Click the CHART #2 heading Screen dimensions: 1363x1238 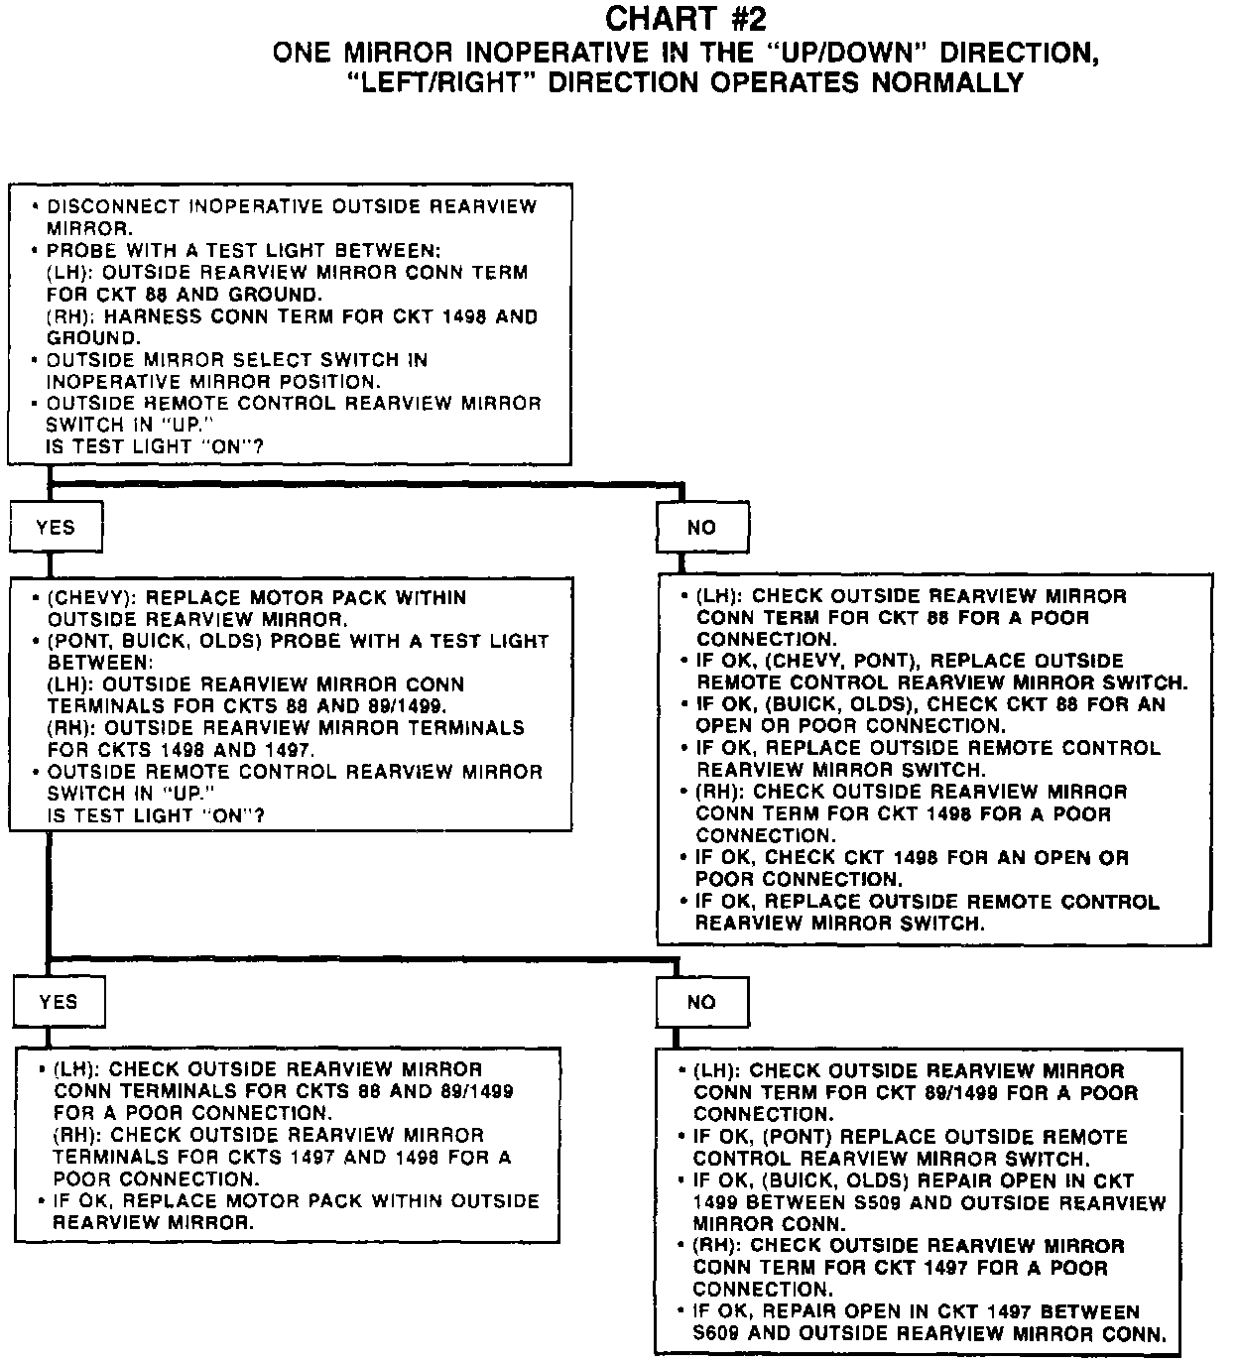click(x=685, y=19)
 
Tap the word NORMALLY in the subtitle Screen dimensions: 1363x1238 click(x=946, y=82)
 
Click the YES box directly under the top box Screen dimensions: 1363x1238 click(x=56, y=528)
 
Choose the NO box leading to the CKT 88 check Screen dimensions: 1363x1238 click(x=701, y=528)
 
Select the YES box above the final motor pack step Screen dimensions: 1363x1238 click(x=59, y=1002)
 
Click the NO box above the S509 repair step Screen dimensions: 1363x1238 click(x=701, y=1002)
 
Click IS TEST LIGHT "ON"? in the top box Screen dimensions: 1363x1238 click(x=156, y=447)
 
